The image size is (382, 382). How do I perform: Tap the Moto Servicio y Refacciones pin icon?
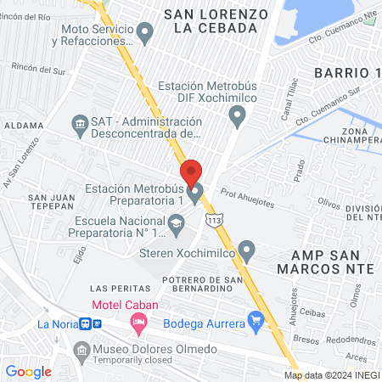(x=145, y=34)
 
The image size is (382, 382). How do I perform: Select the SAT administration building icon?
(x=80, y=125)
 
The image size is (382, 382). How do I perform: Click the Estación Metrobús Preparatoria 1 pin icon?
(x=196, y=194)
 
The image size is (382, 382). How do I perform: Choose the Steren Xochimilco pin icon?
(x=246, y=250)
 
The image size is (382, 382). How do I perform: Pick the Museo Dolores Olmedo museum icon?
(x=81, y=350)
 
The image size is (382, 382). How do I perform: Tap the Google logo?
(x=29, y=371)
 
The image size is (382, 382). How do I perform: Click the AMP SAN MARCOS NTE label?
(x=321, y=259)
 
